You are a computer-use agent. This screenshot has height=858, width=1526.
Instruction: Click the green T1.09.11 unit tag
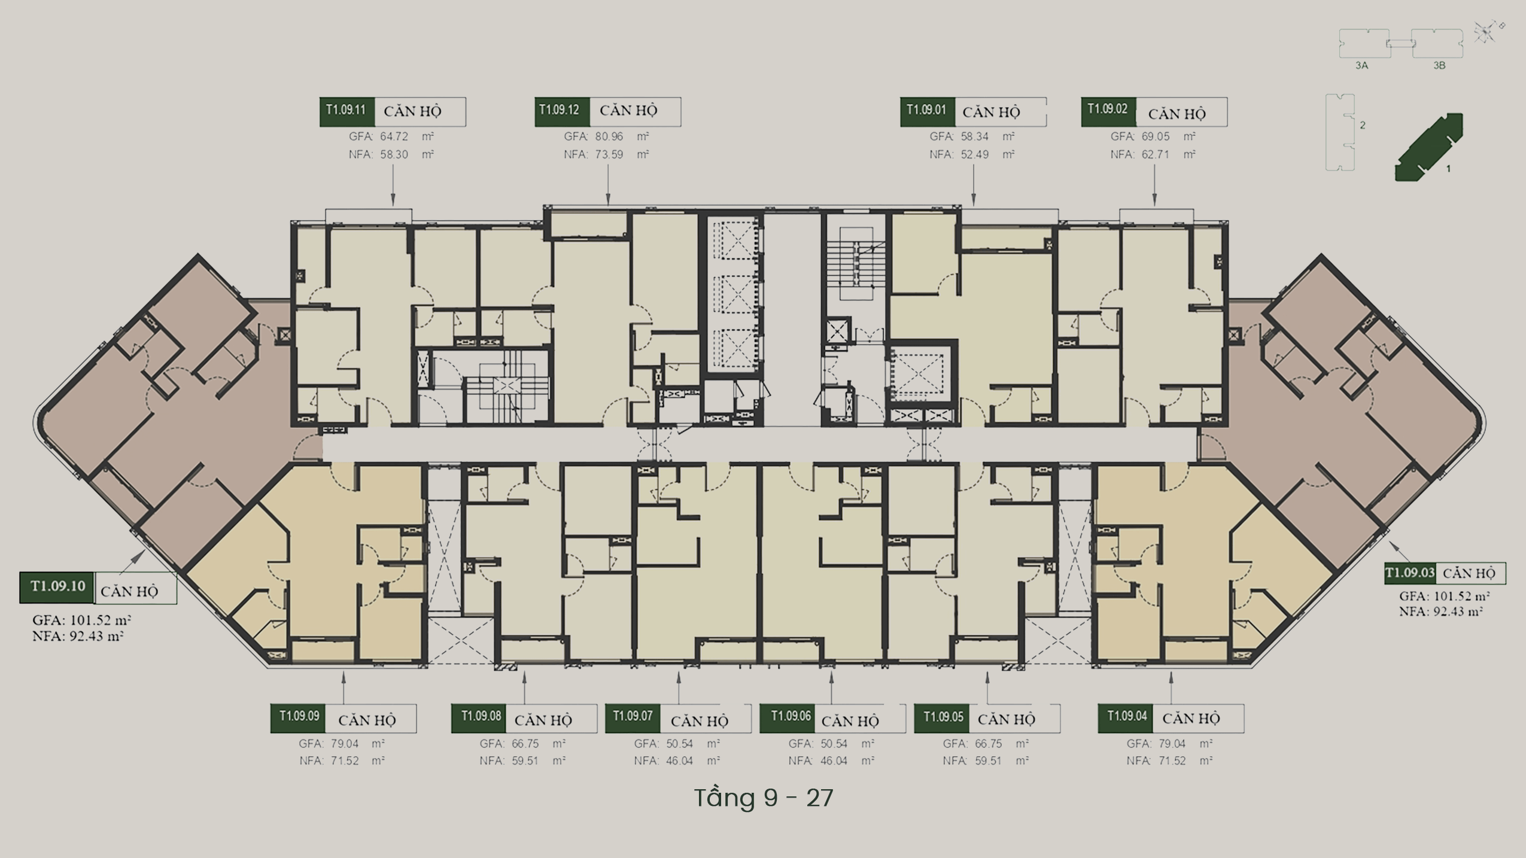click(347, 112)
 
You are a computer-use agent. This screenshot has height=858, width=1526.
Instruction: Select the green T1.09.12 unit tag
click(562, 112)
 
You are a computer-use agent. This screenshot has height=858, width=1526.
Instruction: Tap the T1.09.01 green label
click(928, 112)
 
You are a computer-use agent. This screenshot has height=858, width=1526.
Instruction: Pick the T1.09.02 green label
click(1108, 112)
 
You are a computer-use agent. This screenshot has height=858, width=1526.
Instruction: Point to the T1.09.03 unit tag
click(1410, 573)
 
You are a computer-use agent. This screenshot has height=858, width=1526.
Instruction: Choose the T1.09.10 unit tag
click(57, 587)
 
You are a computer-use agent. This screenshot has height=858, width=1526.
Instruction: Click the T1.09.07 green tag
click(633, 718)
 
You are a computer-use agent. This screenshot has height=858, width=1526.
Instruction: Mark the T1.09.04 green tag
click(1126, 718)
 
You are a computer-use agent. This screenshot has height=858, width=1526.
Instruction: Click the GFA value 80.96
click(609, 136)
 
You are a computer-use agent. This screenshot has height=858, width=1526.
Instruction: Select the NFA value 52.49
click(975, 154)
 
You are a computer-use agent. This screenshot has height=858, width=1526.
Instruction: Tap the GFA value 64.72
click(394, 136)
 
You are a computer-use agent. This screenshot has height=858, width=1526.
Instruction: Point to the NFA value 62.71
click(1156, 154)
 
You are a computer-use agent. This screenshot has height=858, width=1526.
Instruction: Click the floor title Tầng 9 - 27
click(764, 798)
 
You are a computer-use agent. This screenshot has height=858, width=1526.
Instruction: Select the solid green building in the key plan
click(1429, 147)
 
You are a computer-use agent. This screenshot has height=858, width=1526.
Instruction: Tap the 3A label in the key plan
click(1361, 65)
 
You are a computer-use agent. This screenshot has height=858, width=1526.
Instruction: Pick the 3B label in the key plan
click(1439, 65)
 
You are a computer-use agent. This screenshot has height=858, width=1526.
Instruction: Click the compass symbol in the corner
click(1486, 32)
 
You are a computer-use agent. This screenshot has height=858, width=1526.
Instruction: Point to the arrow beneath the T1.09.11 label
click(393, 185)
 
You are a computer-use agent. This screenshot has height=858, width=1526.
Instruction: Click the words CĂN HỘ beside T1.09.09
click(367, 720)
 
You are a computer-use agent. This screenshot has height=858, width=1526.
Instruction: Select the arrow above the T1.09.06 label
click(831, 687)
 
